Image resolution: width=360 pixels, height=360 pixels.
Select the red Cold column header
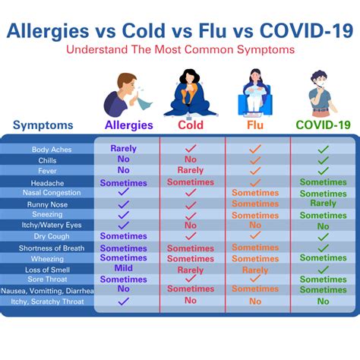(x=191, y=125)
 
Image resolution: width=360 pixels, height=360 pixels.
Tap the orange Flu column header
(x=255, y=125)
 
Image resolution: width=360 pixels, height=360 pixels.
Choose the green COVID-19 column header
(x=323, y=125)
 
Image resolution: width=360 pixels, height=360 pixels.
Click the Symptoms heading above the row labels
(x=43, y=125)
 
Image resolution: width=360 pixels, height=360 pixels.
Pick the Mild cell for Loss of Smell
(x=123, y=268)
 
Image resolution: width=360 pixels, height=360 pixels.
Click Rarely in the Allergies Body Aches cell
(x=123, y=149)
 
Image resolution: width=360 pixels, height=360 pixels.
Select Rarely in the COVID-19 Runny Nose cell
(x=323, y=204)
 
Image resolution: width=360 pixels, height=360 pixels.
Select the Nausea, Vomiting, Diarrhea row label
(x=47, y=290)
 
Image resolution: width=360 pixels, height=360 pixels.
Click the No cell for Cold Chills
(x=190, y=159)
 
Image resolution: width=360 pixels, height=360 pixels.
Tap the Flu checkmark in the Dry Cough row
(x=255, y=236)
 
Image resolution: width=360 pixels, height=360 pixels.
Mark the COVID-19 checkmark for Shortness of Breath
(x=323, y=248)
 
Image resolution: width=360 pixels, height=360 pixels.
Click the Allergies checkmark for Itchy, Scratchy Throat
(x=123, y=302)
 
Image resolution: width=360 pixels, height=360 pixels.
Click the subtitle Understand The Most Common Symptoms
(x=179, y=50)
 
